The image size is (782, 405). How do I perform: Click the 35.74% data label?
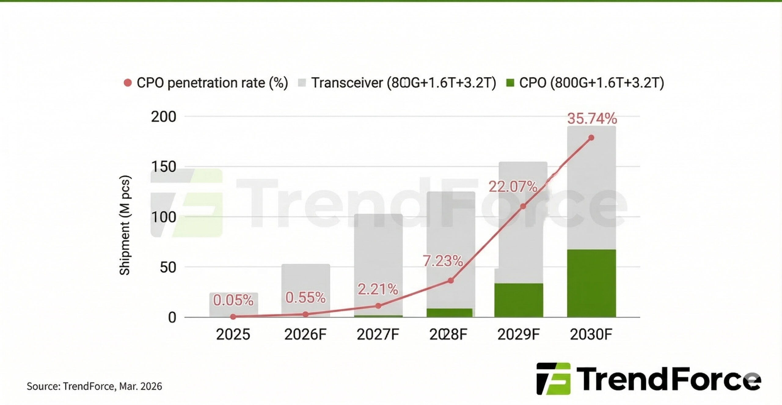coord(592,119)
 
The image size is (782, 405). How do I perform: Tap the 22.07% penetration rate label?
coord(513,187)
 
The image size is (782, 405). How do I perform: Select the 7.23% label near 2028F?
coord(443,261)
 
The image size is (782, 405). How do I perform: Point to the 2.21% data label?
coord(378,289)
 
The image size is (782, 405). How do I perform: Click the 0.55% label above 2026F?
coord(305,297)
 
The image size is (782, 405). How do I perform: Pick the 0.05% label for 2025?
coord(233,300)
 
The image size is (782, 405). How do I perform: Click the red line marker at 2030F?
coord(591,138)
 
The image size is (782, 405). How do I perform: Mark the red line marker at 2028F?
coord(451,281)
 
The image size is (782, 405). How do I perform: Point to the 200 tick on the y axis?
coord(164,117)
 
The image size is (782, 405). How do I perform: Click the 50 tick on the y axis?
coord(168,267)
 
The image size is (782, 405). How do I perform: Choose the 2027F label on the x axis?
coord(378,334)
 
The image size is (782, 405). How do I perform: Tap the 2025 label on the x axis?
coord(233,334)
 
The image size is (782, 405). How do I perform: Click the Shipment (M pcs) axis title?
coord(125,225)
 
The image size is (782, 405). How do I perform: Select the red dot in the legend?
coord(128,83)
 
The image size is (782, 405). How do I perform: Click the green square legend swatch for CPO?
coord(510,83)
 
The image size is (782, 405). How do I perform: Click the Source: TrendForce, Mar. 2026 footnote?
coord(94,386)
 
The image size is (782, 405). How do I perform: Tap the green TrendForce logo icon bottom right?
coord(554,379)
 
